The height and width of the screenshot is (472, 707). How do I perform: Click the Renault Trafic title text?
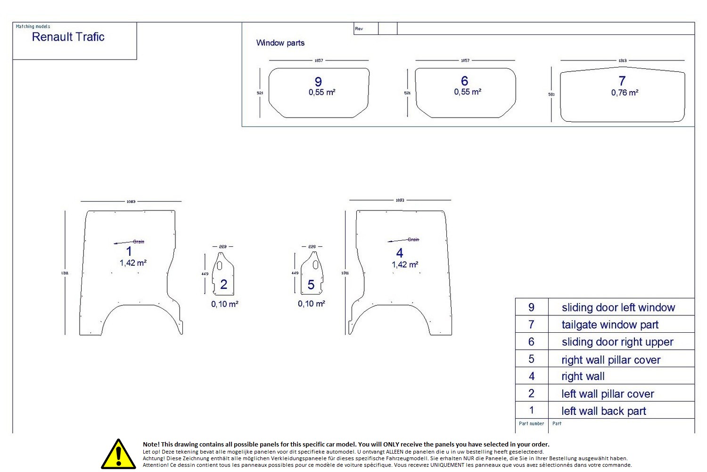(68, 37)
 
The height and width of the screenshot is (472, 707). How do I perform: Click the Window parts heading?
(280, 43)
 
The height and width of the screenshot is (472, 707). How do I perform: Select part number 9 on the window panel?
(318, 82)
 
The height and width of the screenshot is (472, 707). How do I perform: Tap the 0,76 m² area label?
(625, 93)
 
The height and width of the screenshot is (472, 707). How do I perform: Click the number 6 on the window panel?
(465, 81)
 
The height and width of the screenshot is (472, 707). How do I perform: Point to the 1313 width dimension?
(623, 61)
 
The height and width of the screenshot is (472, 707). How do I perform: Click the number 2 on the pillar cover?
(224, 284)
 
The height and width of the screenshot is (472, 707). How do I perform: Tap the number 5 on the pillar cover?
(311, 285)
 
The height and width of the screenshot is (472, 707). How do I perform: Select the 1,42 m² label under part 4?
(405, 265)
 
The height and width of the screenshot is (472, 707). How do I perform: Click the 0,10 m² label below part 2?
(225, 304)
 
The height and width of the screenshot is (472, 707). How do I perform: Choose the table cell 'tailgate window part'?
(610, 325)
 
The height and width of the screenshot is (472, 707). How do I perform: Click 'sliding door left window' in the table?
(618, 308)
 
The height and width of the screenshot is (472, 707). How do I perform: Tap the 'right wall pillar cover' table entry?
(611, 360)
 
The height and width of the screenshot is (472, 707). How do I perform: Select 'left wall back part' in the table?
(604, 411)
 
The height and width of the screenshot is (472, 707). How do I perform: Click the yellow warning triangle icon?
(118, 455)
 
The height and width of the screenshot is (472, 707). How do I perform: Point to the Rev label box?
(359, 29)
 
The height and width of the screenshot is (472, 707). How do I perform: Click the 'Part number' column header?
(532, 424)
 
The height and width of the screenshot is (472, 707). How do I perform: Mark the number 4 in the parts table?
(532, 376)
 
